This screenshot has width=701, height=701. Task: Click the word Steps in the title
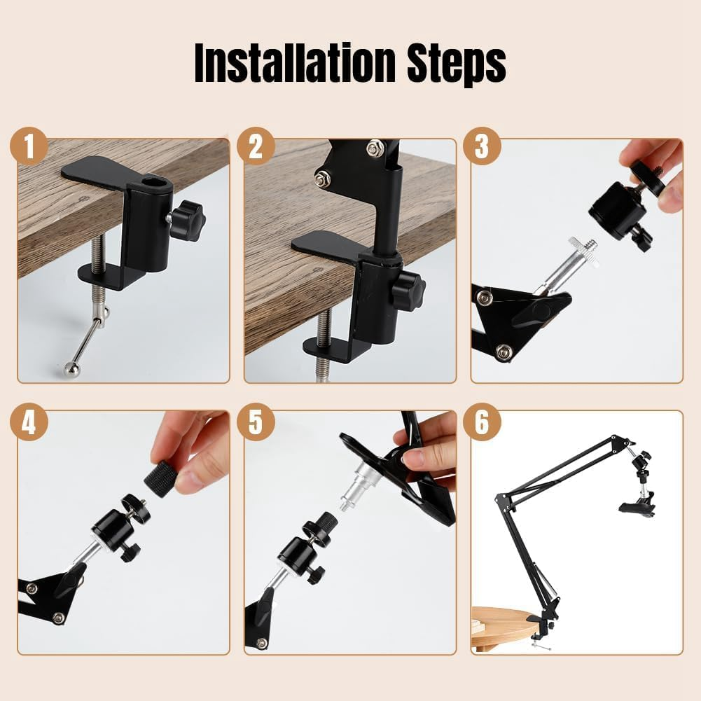pos(457,65)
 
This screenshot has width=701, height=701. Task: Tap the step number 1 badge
pos(29,146)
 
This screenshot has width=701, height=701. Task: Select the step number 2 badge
pos(256,146)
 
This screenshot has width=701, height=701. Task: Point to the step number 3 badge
pos(482,146)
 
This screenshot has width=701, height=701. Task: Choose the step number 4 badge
pos(29,422)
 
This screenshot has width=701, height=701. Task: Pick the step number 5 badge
pos(256,422)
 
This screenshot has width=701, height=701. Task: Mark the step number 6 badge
pos(482,422)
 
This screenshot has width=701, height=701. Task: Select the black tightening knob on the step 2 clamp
pos(408,290)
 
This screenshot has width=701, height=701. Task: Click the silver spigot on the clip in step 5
pos(356,487)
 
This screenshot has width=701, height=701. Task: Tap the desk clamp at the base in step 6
pos(541,628)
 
